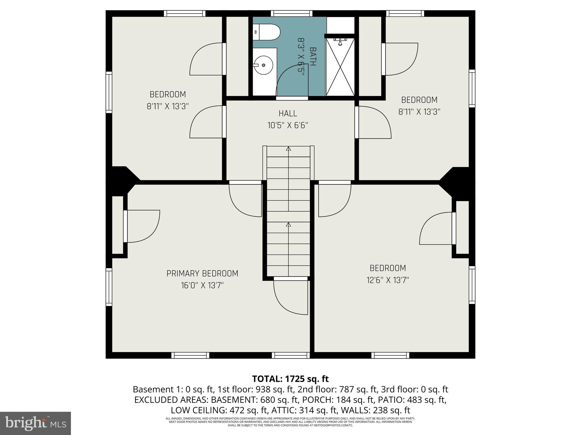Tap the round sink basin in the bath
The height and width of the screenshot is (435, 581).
(264, 65)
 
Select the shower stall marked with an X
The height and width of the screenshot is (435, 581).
(340, 67)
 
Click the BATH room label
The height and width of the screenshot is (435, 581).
(312, 57)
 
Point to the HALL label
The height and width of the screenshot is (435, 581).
(288, 114)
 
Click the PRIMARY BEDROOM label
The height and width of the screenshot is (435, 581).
(202, 274)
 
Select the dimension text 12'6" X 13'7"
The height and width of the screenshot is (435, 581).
(388, 280)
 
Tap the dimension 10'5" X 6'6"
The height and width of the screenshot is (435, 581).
(288, 125)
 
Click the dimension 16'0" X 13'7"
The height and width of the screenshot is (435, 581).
(202, 285)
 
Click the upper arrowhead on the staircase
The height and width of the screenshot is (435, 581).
(289, 148)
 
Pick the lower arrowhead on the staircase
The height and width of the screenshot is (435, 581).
(289, 225)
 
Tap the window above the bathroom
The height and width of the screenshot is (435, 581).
(291, 13)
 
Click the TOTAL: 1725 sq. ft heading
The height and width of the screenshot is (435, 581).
(290, 379)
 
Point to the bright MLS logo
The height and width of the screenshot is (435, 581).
(35, 423)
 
